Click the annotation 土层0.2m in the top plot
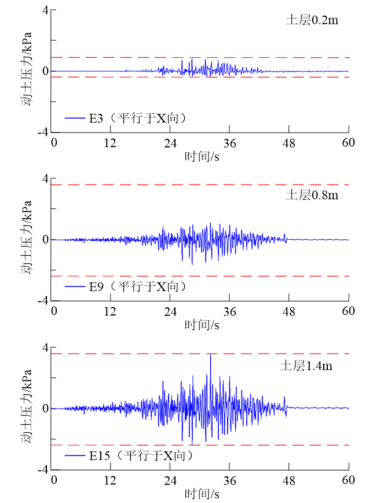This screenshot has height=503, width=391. (x=312, y=20)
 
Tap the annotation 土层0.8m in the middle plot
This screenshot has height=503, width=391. (x=312, y=194)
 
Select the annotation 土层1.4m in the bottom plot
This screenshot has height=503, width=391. (x=306, y=366)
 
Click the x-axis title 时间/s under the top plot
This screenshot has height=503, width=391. (x=202, y=156)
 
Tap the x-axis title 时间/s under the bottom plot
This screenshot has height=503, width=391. (x=202, y=494)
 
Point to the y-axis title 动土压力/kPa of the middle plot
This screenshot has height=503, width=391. (x=27, y=239)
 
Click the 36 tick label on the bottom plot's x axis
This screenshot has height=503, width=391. (x=230, y=480)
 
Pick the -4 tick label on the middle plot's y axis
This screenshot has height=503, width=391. (x=42, y=301)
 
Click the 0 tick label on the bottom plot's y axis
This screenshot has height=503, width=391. (x=45, y=409)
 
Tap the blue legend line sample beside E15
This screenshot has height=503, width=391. (x=75, y=456)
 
